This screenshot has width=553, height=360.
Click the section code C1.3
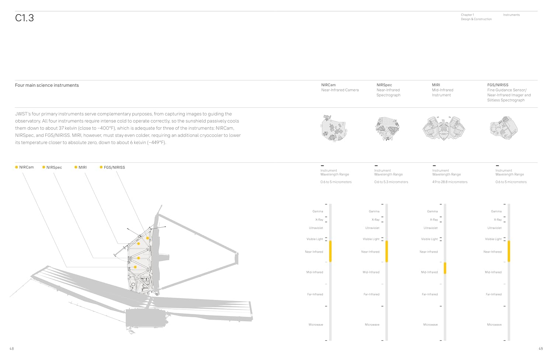click(24, 18)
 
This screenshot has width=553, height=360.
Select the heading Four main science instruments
click(47, 85)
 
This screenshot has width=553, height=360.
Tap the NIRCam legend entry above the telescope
click(24, 167)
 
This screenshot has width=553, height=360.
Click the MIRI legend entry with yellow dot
click(81, 167)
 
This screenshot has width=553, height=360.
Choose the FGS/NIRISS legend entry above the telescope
click(112, 167)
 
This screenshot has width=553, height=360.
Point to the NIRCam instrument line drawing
click(334, 128)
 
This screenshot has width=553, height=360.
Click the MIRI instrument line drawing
click(444, 128)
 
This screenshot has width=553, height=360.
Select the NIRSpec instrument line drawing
click(387, 128)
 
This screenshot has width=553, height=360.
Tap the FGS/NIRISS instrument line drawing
click(504, 128)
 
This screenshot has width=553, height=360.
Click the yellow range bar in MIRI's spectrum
click(445, 268)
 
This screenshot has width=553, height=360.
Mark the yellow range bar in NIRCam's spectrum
click(330, 251)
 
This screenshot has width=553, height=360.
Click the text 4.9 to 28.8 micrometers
click(450, 182)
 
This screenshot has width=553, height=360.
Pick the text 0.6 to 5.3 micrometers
click(391, 182)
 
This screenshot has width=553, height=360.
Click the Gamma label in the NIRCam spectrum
click(318, 211)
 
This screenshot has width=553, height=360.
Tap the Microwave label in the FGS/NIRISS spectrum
click(494, 325)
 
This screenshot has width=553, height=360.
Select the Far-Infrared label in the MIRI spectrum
click(429, 294)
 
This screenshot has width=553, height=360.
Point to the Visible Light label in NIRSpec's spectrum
click(371, 239)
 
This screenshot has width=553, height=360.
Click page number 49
click(540, 349)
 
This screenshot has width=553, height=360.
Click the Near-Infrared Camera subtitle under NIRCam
click(340, 90)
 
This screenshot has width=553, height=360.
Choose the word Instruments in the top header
click(511, 15)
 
